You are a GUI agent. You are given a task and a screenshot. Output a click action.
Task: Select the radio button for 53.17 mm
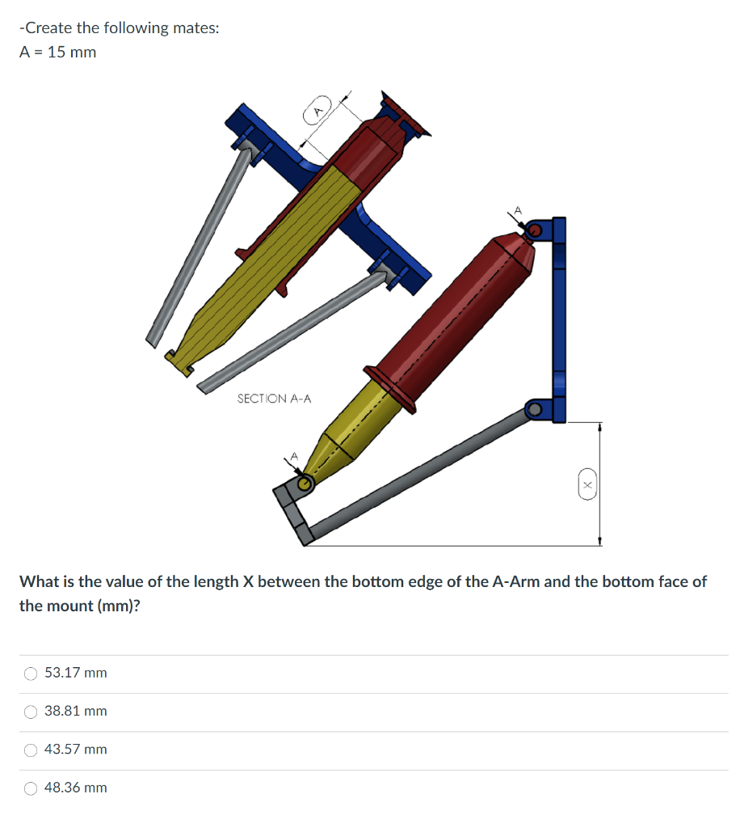coord(31,673)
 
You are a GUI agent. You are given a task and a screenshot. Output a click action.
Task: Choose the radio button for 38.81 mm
coord(31,712)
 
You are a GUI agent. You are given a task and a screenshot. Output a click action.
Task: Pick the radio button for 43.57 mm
coord(31,750)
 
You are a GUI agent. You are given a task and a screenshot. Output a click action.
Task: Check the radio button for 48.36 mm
coord(31,788)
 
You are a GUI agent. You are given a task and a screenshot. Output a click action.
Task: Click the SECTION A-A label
coord(275,399)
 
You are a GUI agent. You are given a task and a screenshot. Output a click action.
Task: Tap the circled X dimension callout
coord(587,484)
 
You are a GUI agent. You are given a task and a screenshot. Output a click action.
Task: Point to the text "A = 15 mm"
coord(57,53)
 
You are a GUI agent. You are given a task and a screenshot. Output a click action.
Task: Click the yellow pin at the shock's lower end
coord(305,484)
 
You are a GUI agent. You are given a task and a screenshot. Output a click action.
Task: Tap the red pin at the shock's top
coord(533,232)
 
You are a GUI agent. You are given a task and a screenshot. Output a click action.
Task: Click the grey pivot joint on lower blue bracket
coord(534,410)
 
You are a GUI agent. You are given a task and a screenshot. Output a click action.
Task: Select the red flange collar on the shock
coord(391,388)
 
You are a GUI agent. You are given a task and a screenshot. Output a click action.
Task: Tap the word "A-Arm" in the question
coord(516,581)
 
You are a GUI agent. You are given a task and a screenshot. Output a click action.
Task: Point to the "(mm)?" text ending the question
coord(117,606)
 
